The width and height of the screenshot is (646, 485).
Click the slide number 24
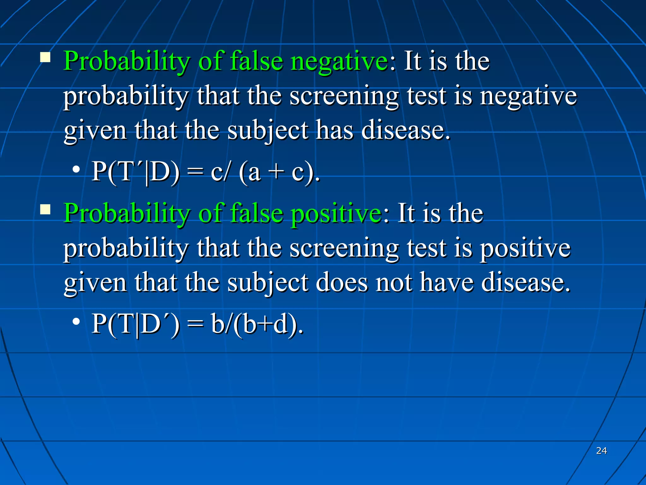(601, 451)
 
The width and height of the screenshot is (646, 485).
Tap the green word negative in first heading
(339, 61)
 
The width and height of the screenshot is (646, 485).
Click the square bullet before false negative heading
(45, 57)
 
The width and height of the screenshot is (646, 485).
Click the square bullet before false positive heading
(45, 209)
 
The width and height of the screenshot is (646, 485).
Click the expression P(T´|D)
(135, 172)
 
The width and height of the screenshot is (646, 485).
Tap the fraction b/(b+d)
(256, 324)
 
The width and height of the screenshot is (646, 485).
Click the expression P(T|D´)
(135, 324)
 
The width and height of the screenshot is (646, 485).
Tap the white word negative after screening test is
(528, 96)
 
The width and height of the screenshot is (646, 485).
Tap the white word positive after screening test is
(525, 248)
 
